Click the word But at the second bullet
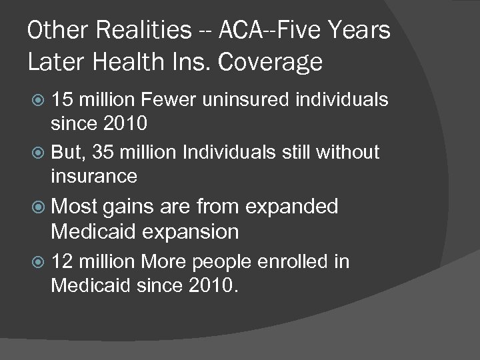coord(67,152)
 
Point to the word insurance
coord(95,176)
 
